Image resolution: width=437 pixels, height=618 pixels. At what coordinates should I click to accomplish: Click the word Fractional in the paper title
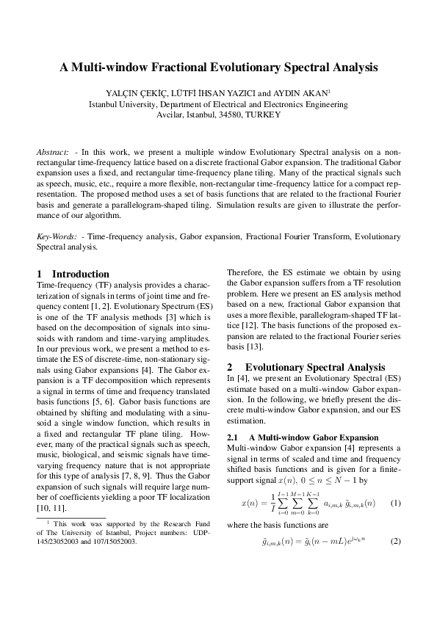[178, 68]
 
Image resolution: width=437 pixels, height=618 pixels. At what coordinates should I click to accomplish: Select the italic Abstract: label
[53, 151]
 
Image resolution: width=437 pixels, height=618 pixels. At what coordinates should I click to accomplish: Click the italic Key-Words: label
[57, 237]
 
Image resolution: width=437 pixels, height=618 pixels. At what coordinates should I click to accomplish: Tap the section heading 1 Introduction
[73, 274]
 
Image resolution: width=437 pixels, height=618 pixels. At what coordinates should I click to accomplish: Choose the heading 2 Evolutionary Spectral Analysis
[306, 366]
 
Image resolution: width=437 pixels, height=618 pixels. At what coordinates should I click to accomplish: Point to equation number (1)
[394, 503]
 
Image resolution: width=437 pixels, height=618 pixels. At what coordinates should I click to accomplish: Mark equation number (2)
[394, 561]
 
